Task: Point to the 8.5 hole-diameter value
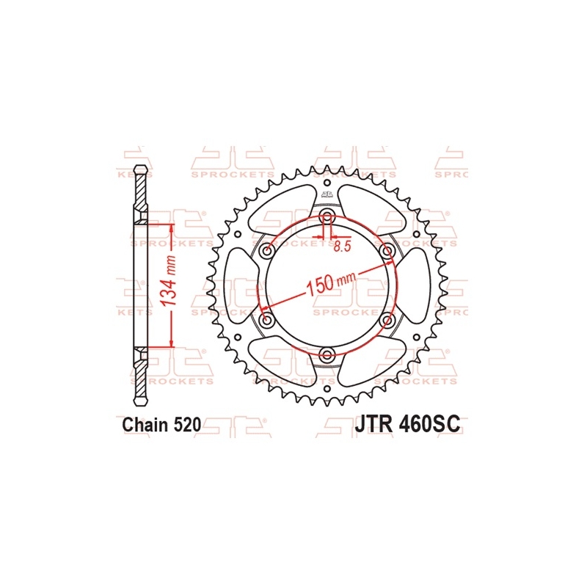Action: (341, 247)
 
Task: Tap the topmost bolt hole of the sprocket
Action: (327, 216)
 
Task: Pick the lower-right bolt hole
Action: (388, 321)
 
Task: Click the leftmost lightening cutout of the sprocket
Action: (240, 286)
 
